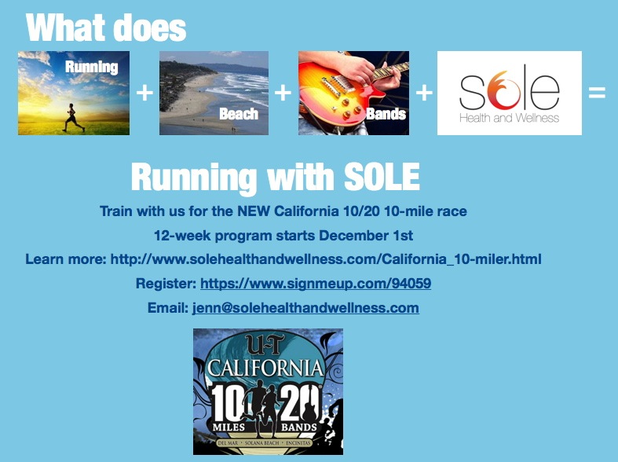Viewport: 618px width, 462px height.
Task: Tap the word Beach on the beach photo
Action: [239, 115]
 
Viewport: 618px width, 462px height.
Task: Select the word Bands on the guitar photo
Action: [386, 115]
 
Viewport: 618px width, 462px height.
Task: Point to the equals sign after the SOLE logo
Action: [597, 93]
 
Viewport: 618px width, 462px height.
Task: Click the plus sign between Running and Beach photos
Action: [144, 93]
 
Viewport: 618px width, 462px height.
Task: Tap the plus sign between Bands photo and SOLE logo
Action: [424, 93]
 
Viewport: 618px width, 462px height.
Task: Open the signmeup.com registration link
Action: [316, 284]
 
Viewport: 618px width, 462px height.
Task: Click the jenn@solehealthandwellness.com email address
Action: [305, 308]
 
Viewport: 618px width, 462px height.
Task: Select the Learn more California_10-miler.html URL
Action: [326, 259]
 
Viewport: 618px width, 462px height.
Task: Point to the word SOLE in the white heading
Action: [374, 178]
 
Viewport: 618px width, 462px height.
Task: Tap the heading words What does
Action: [106, 28]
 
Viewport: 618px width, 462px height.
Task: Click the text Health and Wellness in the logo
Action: [509, 118]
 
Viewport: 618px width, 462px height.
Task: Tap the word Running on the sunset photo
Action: [92, 67]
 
